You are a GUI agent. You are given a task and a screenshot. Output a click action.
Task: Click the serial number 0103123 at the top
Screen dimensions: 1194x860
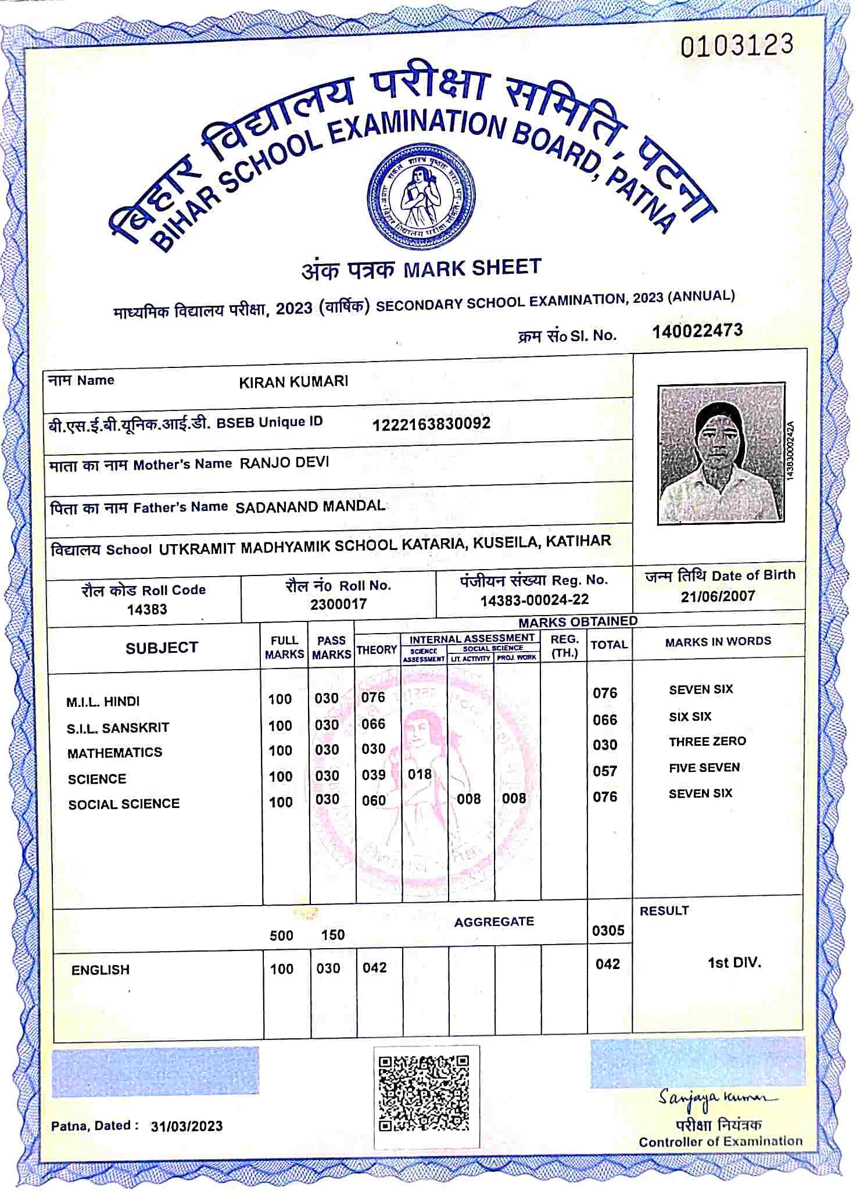point(736,45)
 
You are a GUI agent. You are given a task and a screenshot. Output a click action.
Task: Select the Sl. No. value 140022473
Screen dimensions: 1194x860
point(697,331)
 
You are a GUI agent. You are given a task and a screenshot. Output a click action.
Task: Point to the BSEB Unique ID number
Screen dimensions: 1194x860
point(431,423)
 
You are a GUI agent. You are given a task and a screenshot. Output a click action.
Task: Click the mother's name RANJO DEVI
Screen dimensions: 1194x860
point(284,463)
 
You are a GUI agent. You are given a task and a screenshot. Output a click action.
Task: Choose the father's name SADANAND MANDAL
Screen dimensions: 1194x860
point(310,506)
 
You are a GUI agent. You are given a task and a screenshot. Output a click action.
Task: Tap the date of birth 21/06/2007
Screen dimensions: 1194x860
point(718,596)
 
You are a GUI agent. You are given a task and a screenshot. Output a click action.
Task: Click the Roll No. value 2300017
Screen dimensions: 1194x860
point(338,604)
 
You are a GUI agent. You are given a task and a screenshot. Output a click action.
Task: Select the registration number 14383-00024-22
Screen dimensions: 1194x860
point(534,599)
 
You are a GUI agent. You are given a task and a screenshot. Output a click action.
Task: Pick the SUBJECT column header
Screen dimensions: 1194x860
point(162,648)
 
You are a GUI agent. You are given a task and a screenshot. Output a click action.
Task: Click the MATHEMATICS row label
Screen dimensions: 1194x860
point(114,753)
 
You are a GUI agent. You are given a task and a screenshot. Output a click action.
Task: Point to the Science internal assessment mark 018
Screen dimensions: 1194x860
point(420,774)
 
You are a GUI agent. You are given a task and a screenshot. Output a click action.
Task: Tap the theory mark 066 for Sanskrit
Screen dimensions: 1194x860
point(373,724)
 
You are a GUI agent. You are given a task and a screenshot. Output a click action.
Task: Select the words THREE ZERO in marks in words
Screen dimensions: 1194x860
point(707,742)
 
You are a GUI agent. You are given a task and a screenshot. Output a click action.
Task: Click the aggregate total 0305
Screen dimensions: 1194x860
point(608,931)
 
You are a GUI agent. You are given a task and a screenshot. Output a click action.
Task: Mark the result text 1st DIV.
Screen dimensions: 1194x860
point(734,963)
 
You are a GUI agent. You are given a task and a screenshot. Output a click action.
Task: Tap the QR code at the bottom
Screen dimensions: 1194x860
point(424,1093)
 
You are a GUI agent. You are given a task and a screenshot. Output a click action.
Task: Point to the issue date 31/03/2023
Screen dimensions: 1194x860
point(187,1126)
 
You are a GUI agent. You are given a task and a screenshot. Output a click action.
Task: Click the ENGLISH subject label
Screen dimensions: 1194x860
point(100,970)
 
